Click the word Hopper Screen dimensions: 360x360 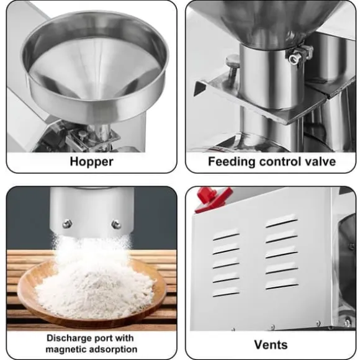coord(92,162)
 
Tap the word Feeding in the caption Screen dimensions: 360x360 coord(232,162)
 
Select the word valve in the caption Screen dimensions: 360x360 coord(320,161)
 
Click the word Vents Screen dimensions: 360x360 coord(271,344)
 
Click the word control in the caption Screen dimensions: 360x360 coord(280,161)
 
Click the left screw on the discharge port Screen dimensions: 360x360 coord(67,223)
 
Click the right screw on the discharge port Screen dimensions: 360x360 coord(116,224)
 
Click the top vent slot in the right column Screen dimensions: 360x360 coord(281,222)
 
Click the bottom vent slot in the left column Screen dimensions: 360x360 coord(226,293)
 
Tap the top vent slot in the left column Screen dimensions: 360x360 coord(226,236)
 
